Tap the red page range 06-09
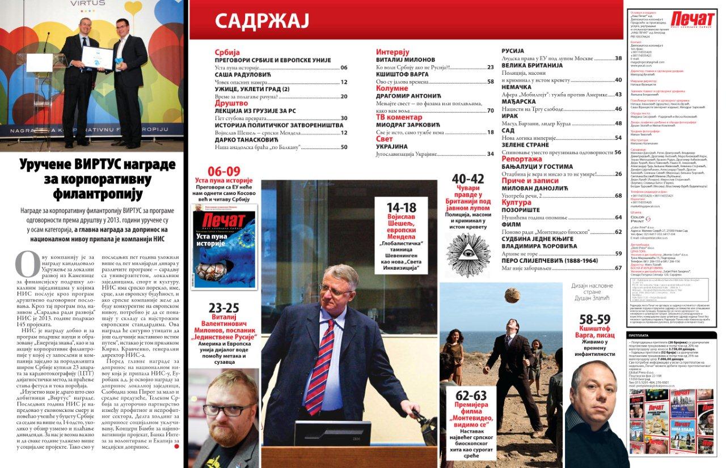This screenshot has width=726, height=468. tap(224, 171)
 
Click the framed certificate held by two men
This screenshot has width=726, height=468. tap(98, 57)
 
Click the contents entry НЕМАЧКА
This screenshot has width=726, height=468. tap(516, 87)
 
